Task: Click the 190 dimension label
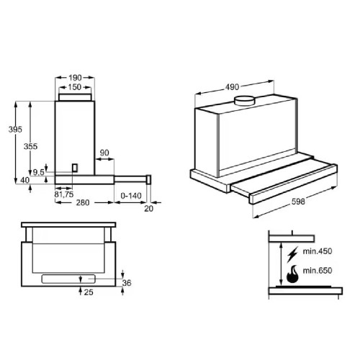pyautogui.click(x=75, y=78)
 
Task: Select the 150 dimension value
pyautogui.click(x=75, y=87)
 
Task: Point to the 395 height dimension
pyautogui.click(x=15, y=130)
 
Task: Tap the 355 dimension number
pyautogui.click(x=30, y=146)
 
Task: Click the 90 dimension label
pyautogui.click(x=104, y=153)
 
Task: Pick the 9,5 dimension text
pyautogui.click(x=39, y=172)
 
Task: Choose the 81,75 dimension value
pyautogui.click(x=64, y=194)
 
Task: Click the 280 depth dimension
pyautogui.click(x=83, y=203)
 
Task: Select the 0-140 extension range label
pyautogui.click(x=131, y=196)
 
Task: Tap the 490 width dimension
pyautogui.click(x=232, y=86)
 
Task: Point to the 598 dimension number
pyautogui.click(x=298, y=202)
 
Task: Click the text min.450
pyautogui.click(x=318, y=251)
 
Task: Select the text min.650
pyautogui.click(x=318, y=271)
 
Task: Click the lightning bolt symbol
pyautogui.click(x=292, y=254)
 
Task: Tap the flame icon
pyautogui.click(x=292, y=274)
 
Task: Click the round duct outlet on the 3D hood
pyautogui.click(x=244, y=101)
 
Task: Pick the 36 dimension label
pyautogui.click(x=127, y=283)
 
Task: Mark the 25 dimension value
pyautogui.click(x=89, y=292)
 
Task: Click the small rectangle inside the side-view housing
pyautogui.click(x=75, y=168)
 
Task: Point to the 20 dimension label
pyautogui.click(x=148, y=209)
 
